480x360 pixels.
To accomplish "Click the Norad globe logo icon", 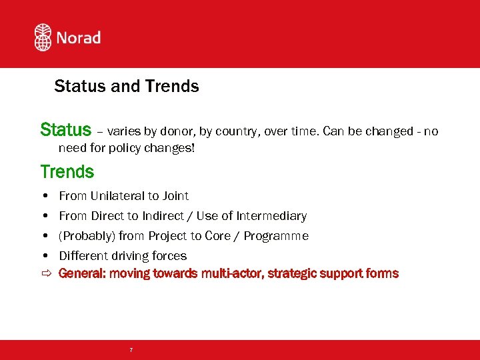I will [43, 37].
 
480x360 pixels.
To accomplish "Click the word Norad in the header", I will [78, 37].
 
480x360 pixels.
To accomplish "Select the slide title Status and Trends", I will [126, 86].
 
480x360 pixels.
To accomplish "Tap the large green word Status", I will [65, 129].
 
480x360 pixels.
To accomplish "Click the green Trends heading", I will [67, 171].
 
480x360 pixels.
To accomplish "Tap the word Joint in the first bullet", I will [175, 196].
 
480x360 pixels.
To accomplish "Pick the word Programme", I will [276, 236].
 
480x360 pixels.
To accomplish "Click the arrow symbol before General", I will [45, 273].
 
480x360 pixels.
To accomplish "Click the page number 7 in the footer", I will [131, 350].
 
